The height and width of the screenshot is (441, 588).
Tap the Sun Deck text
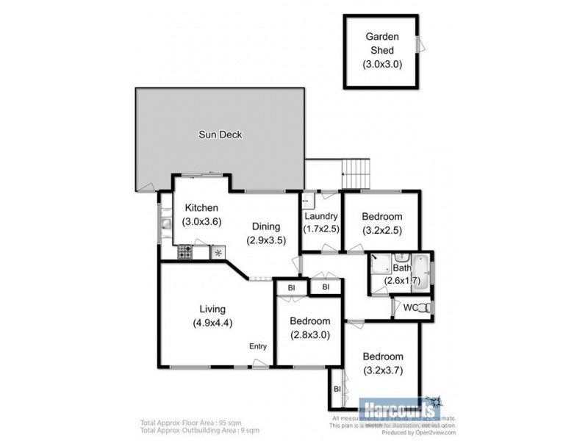click(x=220, y=135)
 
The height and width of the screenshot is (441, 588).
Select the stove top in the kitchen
click(x=184, y=252)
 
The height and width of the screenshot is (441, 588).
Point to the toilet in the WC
click(x=423, y=308)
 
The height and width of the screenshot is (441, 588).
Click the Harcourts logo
click(x=398, y=405)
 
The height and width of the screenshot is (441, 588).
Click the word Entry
click(x=257, y=347)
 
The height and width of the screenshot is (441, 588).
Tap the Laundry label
click(x=321, y=216)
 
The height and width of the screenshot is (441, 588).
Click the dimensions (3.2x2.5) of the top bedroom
click(x=382, y=229)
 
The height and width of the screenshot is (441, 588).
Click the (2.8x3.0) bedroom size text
click(x=309, y=334)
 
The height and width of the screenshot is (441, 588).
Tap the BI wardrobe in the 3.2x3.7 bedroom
click(x=337, y=388)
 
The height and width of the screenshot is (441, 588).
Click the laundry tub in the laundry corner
click(x=309, y=198)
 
